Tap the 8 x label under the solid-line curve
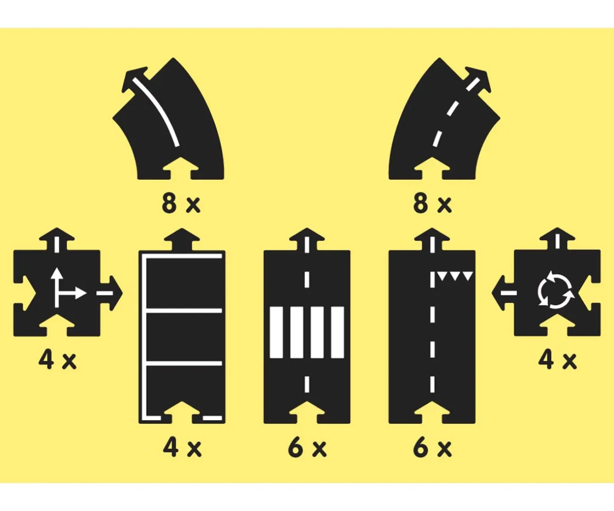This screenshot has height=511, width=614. click(181, 203)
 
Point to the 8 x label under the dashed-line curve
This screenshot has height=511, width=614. click(432, 203)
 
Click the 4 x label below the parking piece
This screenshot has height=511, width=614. click(182, 448)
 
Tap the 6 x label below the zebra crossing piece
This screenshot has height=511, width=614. click(308, 448)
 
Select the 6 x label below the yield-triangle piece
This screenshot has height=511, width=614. click(432, 448)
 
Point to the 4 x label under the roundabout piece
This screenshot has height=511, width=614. click(557, 360)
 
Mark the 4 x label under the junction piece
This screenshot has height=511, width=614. click(58, 360)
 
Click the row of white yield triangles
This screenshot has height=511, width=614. click(455, 276)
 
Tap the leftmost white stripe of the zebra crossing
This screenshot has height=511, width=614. click(276, 332)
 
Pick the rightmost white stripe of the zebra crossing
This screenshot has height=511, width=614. click(338, 332)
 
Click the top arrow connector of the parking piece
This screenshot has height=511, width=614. click(182, 239)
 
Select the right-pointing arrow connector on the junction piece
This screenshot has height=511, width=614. click(111, 293)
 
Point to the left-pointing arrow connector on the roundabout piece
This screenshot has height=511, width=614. click(503, 293)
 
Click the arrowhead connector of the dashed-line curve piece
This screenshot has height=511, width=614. click(477, 80)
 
